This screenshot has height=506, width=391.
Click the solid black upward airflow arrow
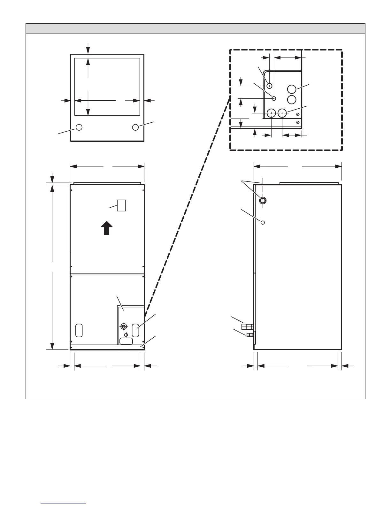point(107,229)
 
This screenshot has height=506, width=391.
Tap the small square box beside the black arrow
point(121,205)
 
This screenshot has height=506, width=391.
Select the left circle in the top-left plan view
point(79,127)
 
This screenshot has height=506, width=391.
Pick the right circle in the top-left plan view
point(135,127)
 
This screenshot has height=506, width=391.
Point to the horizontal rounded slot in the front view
point(126,341)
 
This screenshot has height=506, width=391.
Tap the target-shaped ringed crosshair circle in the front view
point(123,326)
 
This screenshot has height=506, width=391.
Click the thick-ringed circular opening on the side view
point(262,201)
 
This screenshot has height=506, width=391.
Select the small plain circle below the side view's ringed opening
point(263,222)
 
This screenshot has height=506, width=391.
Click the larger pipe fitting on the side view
point(248,326)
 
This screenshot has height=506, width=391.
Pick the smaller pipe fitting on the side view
point(249,335)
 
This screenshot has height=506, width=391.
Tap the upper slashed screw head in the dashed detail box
point(298,115)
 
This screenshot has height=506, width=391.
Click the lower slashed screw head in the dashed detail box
point(298,122)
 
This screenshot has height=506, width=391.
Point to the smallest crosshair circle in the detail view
point(274,98)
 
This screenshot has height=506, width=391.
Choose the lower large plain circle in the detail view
point(291,99)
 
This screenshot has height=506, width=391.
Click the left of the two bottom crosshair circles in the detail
point(271,113)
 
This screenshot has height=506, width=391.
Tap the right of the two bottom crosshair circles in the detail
point(282,113)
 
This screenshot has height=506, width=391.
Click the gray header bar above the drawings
point(195,28)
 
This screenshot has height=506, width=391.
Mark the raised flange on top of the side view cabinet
point(309,183)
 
